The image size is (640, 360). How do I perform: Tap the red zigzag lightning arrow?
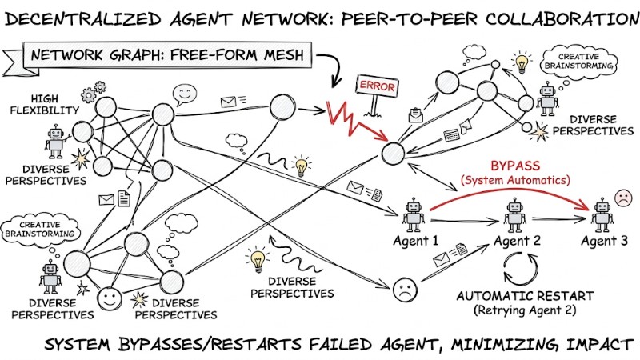353,115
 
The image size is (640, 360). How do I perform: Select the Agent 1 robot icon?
414,214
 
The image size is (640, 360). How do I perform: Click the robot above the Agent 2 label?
514,214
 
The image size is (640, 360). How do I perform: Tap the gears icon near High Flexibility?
96,87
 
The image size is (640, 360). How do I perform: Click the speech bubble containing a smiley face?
185,95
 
